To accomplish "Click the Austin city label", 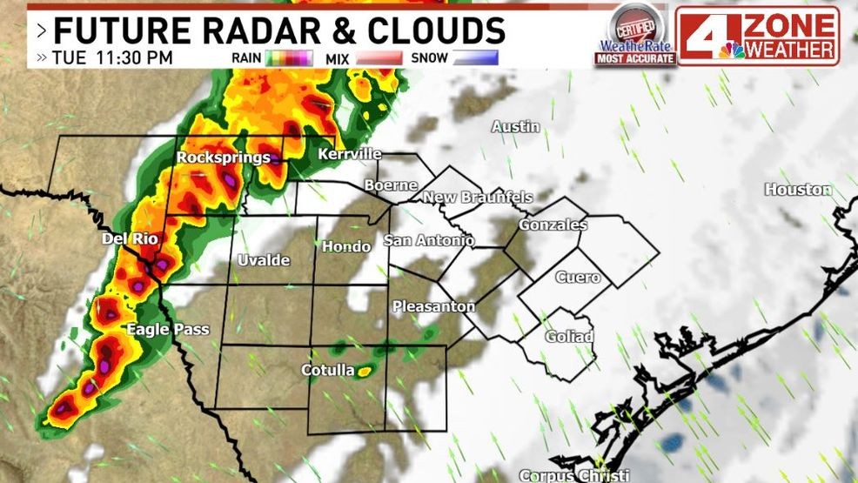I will click(x=516, y=127).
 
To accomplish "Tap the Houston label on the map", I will click(x=798, y=190).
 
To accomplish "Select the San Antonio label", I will click(x=429, y=240).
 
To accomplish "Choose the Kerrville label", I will click(x=350, y=154).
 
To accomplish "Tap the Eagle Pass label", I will click(x=168, y=329).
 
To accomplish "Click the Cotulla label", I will click(x=328, y=371).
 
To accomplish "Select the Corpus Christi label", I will click(x=573, y=475).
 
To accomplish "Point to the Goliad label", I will click(x=569, y=337).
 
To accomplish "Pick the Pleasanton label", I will click(x=433, y=306).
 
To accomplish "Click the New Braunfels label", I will click(x=477, y=198).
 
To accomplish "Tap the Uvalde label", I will click(x=264, y=260).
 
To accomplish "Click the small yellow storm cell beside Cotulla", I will click(x=365, y=372).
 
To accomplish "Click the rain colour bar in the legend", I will click(x=291, y=58).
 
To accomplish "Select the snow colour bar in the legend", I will click(x=475, y=58).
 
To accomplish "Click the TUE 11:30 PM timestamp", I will click(x=112, y=58).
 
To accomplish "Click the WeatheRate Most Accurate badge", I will click(x=634, y=37).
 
